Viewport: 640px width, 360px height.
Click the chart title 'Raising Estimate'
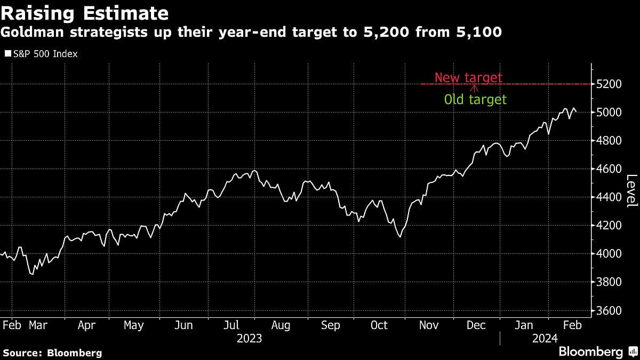[x=85, y=13]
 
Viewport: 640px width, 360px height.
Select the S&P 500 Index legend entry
[x=41, y=54]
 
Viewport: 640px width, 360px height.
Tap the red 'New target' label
[x=468, y=78]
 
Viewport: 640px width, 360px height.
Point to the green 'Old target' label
[x=475, y=99]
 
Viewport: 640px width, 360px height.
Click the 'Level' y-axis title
[x=631, y=191]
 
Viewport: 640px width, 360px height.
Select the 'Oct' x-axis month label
[x=379, y=325]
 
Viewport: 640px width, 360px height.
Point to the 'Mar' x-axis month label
[x=38, y=325]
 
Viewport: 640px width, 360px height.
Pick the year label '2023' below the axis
[x=250, y=338]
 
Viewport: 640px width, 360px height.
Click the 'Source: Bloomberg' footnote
[x=52, y=353]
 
